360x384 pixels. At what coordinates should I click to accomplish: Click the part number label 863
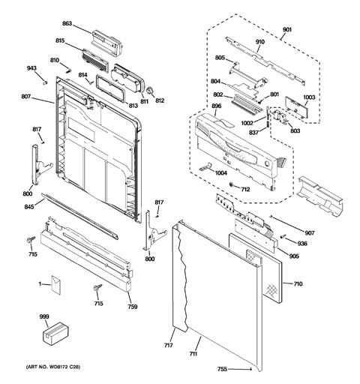click(67, 23)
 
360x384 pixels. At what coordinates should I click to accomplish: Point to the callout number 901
click(287, 29)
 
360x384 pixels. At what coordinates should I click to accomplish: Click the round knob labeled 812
click(150, 91)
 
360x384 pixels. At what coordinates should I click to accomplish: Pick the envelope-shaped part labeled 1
click(56, 284)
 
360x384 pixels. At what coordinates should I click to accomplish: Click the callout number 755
click(222, 369)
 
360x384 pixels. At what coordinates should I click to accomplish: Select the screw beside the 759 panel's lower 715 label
click(97, 287)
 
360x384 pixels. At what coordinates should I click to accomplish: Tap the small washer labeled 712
click(232, 184)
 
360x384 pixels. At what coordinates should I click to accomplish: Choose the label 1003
click(309, 97)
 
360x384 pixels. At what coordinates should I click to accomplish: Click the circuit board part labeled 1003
click(296, 108)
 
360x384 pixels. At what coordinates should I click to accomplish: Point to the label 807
click(25, 96)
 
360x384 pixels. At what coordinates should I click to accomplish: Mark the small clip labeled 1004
click(205, 166)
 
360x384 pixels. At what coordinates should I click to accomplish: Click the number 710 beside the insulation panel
click(298, 283)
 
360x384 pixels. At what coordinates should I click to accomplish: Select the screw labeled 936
click(283, 236)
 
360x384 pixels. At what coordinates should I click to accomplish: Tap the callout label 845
click(29, 206)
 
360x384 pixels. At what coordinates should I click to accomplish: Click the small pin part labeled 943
click(45, 82)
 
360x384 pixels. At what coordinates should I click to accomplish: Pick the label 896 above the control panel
click(216, 106)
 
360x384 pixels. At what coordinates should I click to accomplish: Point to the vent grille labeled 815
click(95, 60)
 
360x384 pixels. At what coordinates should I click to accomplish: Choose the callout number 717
click(169, 345)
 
